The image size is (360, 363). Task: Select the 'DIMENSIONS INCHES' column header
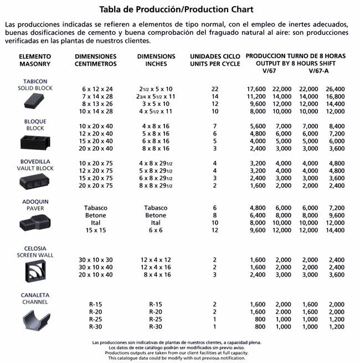156,60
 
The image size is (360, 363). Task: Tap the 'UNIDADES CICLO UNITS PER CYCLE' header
215,60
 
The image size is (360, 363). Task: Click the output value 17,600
256,89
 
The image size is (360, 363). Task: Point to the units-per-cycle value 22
215,89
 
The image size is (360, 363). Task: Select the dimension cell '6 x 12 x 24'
97,89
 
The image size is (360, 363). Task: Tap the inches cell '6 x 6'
156,230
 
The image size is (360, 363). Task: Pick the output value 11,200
256,96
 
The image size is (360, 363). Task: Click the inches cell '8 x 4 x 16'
156,275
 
